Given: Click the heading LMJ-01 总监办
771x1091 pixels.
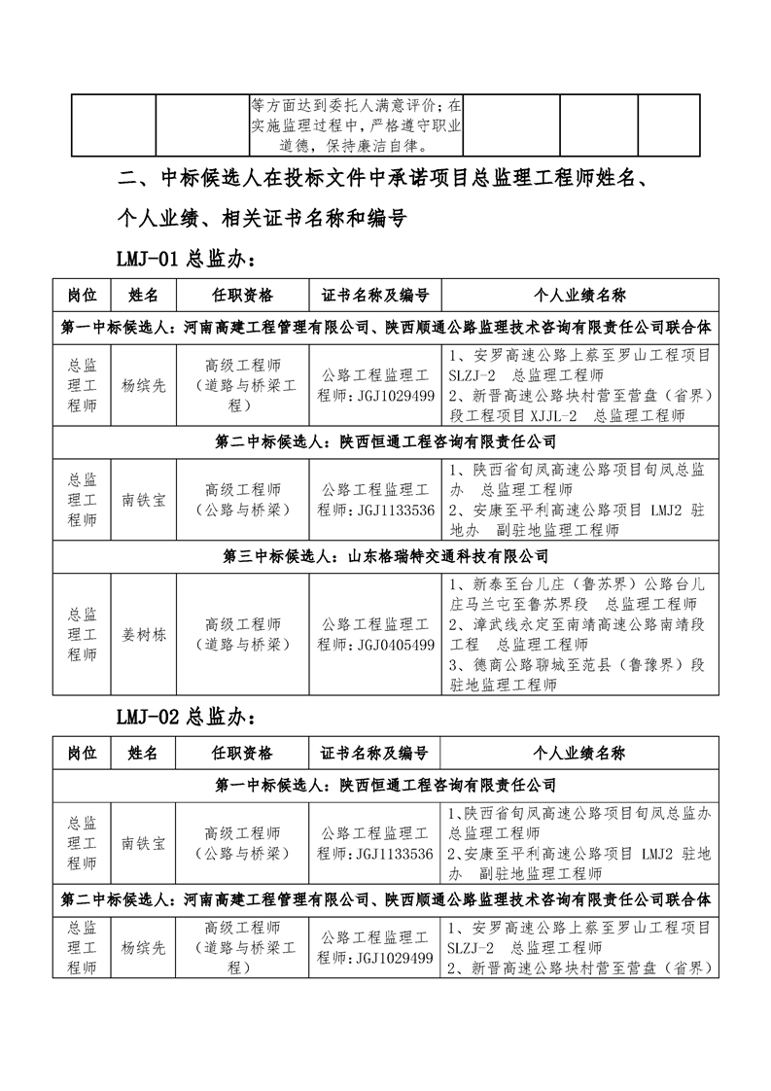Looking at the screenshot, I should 186,260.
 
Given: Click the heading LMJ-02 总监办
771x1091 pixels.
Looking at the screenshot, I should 186,719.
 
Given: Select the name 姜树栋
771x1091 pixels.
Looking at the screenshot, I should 144,635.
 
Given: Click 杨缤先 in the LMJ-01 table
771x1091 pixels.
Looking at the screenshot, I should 144,385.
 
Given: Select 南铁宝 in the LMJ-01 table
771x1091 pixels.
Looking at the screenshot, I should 144,500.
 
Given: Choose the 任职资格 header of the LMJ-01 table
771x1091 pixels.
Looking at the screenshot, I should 242,295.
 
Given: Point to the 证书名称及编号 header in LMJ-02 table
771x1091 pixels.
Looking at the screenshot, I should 374,753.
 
